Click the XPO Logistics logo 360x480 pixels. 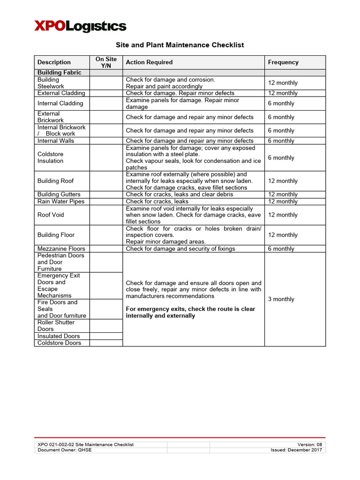point(80,26)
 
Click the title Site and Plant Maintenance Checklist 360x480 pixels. point(180,45)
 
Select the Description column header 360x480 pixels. point(54,62)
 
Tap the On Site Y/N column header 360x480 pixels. point(106,62)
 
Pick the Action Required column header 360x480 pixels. point(149,62)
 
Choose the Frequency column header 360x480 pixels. point(283,62)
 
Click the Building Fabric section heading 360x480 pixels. point(59,73)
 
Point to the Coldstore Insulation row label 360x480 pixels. point(51,157)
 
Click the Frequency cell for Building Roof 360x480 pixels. point(283,181)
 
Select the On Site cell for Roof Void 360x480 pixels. point(106,215)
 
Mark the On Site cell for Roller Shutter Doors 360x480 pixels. point(106,326)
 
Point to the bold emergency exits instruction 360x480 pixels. point(190,313)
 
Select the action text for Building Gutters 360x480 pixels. point(179,195)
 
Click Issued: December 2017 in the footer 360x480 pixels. point(296,450)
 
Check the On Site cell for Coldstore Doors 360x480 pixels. point(106,343)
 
